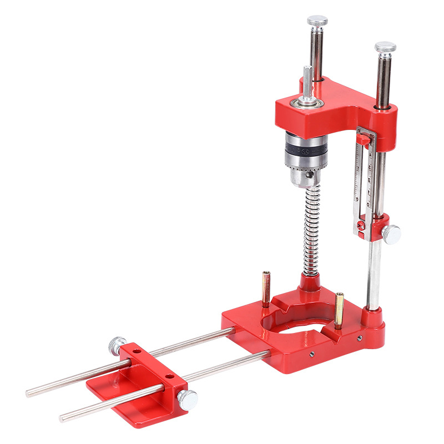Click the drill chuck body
[x=304, y=158]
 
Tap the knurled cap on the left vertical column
[x=317, y=21]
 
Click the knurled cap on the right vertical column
[x=385, y=47]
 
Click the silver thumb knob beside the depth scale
[x=392, y=234]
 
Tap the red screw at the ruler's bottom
[x=360, y=225]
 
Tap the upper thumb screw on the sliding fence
[x=116, y=345]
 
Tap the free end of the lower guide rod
[x=63, y=417]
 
